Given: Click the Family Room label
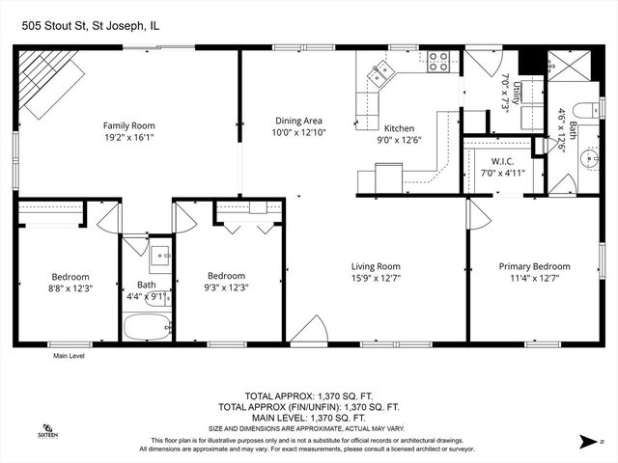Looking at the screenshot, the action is pos(128,125).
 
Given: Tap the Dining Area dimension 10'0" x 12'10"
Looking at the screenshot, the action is pos(298,132).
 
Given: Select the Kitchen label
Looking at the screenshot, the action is pos(399,128).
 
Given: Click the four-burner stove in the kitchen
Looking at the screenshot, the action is pos(438,62).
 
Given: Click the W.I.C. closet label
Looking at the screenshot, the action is pos(502,161).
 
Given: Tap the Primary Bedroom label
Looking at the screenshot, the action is pos(534,266).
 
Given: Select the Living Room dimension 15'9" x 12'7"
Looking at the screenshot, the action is pos(376,279).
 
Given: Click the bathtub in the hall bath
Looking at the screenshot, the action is pos(148,327).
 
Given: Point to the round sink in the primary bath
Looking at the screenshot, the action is pos(589,158).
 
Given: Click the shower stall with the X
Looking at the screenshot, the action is pos(569,67).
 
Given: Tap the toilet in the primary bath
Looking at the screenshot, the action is pos(586,110).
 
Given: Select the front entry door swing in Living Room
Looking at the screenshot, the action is pos(309,330).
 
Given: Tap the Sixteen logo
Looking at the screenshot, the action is pos(47,431).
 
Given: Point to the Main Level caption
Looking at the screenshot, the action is pos(69,356).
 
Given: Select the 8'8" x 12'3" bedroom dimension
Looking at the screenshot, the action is pos(70,288).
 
